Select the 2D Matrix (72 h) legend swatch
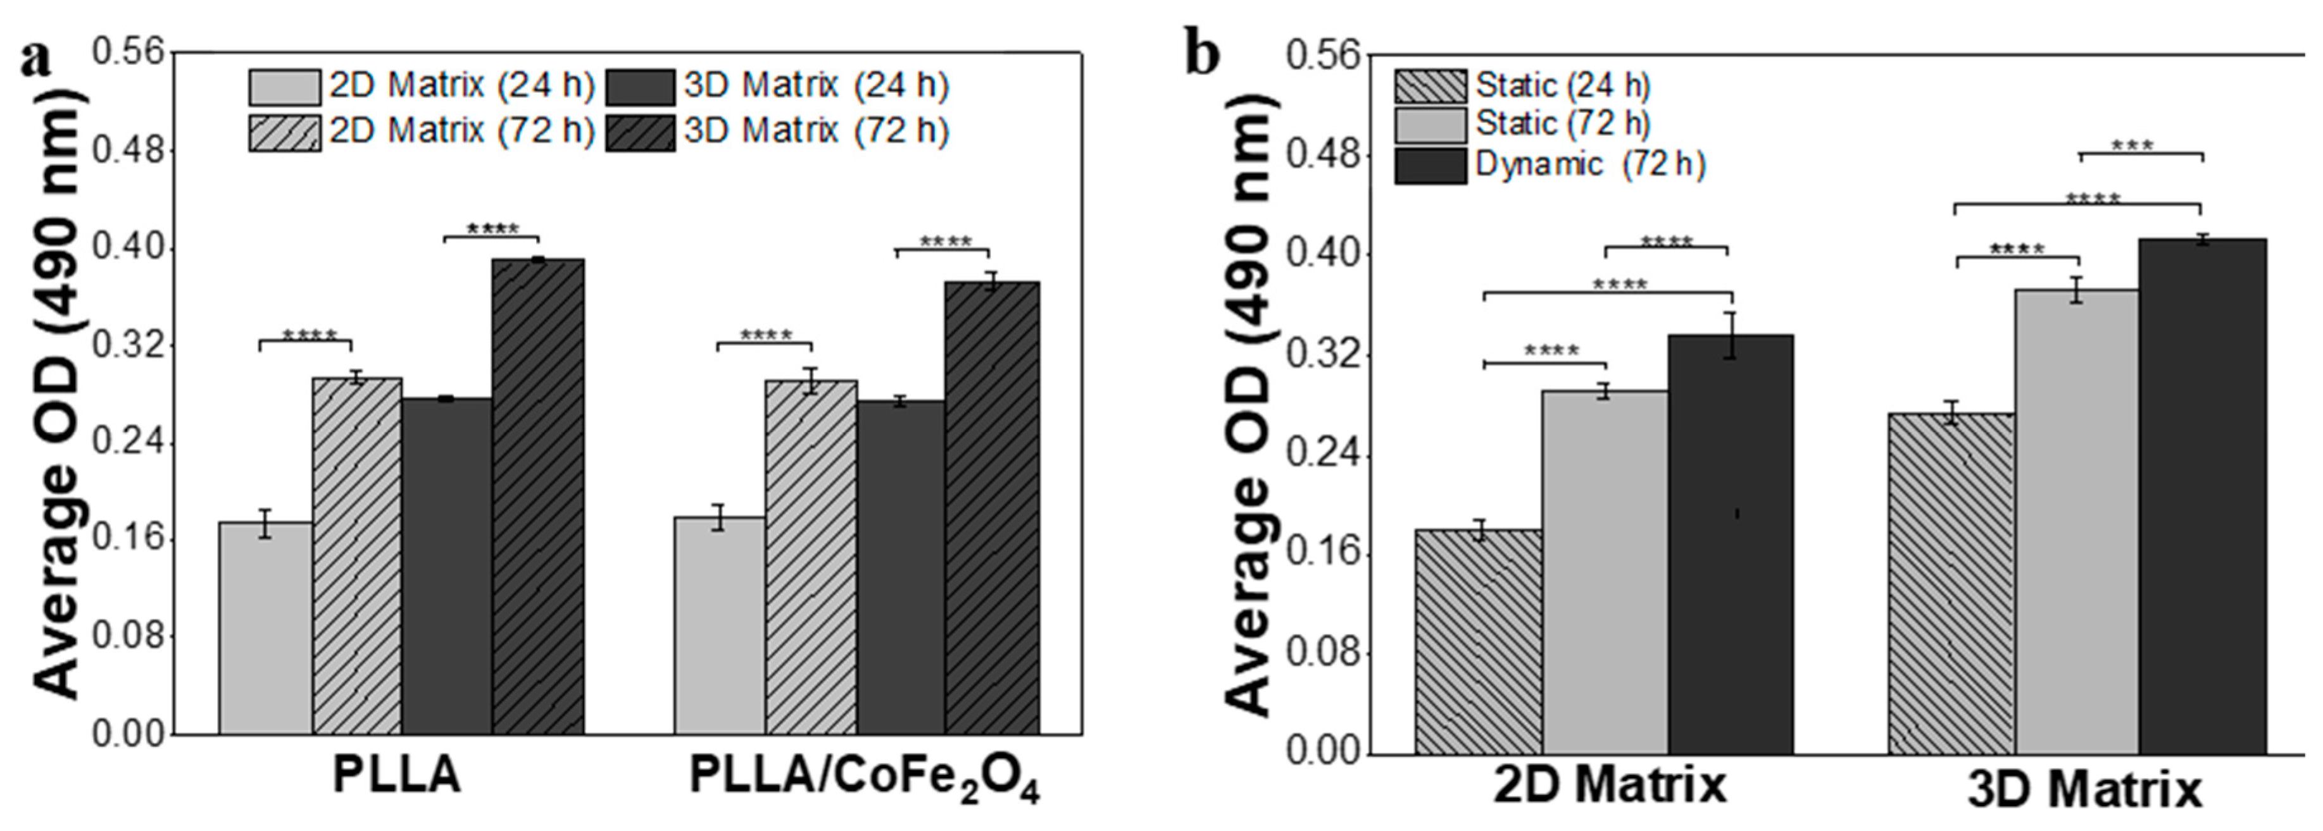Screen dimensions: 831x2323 coord(284,132)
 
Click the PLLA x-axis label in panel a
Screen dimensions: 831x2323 coord(397,775)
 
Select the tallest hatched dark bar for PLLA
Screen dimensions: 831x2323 coord(537,496)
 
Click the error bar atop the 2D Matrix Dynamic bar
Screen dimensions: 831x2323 coord(1730,335)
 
